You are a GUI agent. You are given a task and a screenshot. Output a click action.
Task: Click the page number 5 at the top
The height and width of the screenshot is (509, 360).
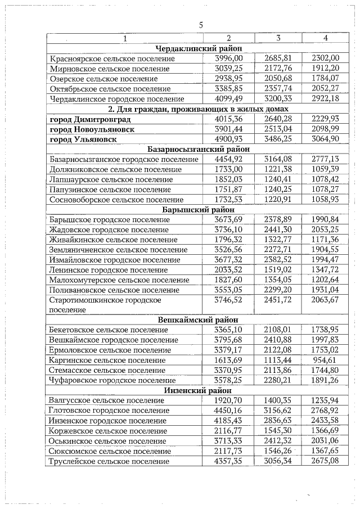pyautogui.click(x=200, y=24)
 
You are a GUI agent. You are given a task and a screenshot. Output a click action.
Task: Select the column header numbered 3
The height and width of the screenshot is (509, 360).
pyautogui.click(x=278, y=38)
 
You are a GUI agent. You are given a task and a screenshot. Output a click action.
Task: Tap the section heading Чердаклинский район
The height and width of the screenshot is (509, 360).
pyautogui.click(x=195, y=48)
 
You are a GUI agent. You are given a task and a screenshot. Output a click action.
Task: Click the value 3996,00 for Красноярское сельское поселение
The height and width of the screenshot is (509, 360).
pyautogui.click(x=229, y=58)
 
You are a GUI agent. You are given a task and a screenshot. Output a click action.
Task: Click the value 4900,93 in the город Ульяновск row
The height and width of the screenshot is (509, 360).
pyautogui.click(x=229, y=139)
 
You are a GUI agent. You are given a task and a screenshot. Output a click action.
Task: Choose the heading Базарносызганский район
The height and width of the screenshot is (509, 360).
pyautogui.click(x=195, y=149)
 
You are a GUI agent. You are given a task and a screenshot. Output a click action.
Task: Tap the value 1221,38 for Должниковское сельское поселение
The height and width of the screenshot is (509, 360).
pyautogui.click(x=278, y=169)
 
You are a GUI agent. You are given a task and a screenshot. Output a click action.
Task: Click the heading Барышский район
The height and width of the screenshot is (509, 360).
pyautogui.click(x=195, y=210)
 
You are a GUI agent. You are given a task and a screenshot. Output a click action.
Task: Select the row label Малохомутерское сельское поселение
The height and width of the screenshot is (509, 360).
pyautogui.click(x=119, y=280)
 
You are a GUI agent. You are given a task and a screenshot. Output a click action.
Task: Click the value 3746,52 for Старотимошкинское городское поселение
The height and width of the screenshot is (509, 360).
pyautogui.click(x=229, y=300)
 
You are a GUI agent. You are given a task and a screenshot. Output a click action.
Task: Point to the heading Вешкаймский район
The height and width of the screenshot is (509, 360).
pyautogui.click(x=195, y=319)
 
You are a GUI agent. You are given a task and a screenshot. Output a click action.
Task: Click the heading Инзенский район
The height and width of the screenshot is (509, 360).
pyautogui.click(x=195, y=390)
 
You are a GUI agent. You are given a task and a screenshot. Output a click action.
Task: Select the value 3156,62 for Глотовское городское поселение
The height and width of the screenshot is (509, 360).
pyautogui.click(x=278, y=411)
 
